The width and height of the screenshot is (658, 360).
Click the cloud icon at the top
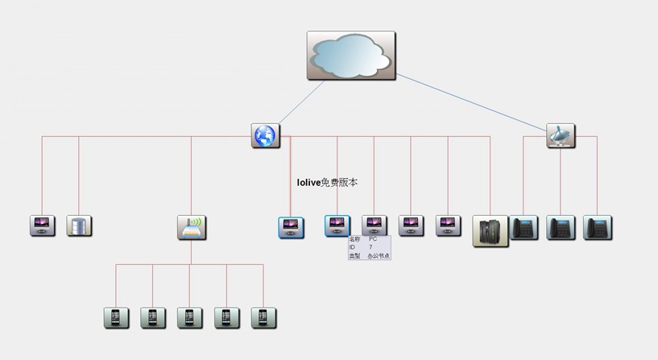pos(350,55)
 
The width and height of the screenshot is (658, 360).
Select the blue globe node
pos(264,135)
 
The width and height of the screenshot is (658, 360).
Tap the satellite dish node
pos(560,135)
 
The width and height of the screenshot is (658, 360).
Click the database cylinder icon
pos(79,226)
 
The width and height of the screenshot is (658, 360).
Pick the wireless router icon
pos(191,227)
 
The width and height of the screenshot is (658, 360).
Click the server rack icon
pos(490,230)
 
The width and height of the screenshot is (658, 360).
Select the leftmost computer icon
pos(42,226)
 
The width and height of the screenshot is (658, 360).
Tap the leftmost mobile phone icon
pos(116,317)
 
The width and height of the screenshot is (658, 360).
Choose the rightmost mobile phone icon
pos(263,317)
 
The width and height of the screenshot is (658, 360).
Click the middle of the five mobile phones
pos(190,317)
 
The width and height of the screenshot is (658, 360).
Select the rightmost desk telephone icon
pos(598,227)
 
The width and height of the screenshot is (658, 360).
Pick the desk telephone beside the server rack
pos(524,227)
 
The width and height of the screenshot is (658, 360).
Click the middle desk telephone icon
pos(561,227)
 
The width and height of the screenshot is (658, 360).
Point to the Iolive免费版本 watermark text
pos(328,183)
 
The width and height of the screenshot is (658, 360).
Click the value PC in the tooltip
pos(373,239)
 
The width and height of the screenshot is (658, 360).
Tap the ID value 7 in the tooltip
pos(370,247)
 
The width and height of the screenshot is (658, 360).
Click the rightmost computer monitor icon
pos(448,226)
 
